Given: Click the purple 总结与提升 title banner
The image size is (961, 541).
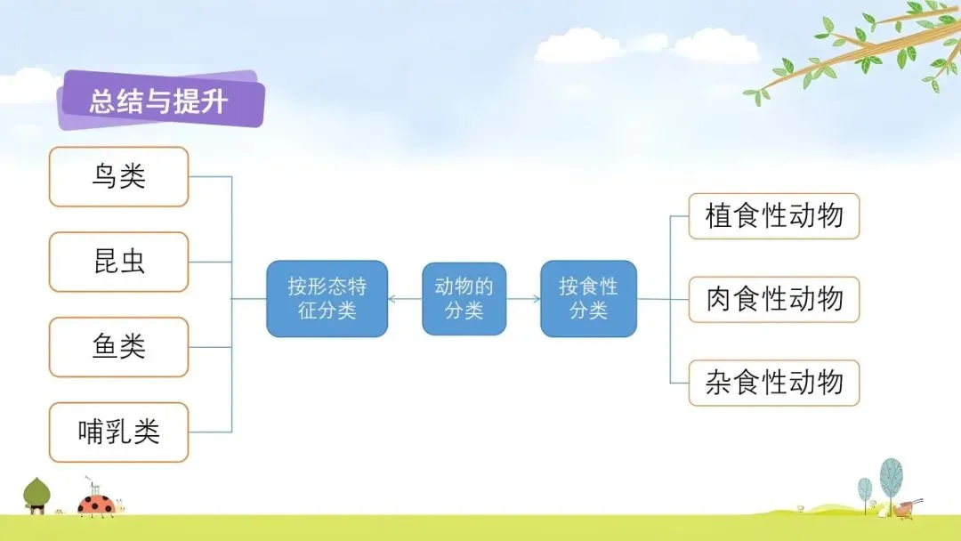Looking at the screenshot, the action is pyautogui.click(x=160, y=100).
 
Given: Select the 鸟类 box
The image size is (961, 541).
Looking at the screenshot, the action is pyautogui.click(x=118, y=176).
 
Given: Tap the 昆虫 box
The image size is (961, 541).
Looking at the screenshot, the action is pyautogui.click(x=118, y=262).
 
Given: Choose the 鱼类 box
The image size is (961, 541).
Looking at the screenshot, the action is pyautogui.click(x=118, y=347).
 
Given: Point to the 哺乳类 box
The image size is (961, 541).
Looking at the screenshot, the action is pyautogui.click(x=118, y=432).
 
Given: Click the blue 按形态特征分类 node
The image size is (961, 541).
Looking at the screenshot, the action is pyautogui.click(x=327, y=298).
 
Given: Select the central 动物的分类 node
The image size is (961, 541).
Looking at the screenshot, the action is pyautogui.click(x=464, y=298).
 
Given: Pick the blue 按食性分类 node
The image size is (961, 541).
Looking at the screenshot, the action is pyautogui.click(x=588, y=298).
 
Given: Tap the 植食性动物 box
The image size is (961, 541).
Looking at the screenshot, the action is pyautogui.click(x=774, y=215).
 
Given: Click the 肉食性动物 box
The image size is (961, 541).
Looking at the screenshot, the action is pyautogui.click(x=774, y=299).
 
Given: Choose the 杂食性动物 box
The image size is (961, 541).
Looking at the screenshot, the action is pyautogui.click(x=774, y=383).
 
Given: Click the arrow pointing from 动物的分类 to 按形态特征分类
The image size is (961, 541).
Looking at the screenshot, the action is pyautogui.click(x=405, y=298).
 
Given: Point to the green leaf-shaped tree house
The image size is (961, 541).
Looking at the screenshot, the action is pyautogui.click(x=36, y=495).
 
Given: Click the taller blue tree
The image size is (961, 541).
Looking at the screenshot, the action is pyautogui.click(x=891, y=478).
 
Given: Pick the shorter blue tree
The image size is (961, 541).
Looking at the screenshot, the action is pyautogui.click(x=865, y=489).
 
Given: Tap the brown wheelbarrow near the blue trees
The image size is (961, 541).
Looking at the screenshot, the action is pyautogui.click(x=906, y=508).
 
